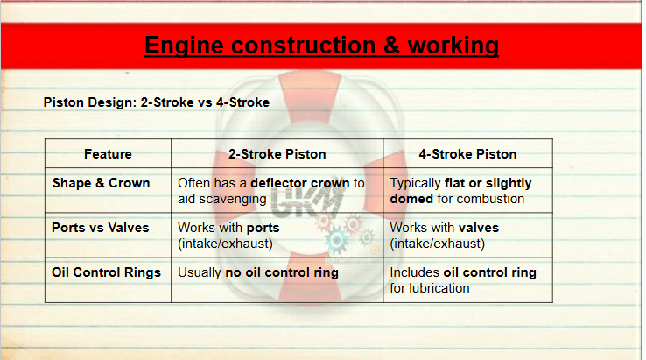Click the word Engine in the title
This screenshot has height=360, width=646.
pos(184,46)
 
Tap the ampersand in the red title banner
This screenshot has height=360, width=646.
pos(391,46)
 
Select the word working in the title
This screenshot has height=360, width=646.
pos(453,46)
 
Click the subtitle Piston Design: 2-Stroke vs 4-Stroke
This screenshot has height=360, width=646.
pos(157,102)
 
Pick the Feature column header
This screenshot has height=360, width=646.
pos(108,154)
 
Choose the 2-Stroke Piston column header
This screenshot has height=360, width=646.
pos(277,154)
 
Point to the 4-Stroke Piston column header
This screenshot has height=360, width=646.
pos(467,154)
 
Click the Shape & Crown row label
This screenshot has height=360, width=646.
pos(101,183)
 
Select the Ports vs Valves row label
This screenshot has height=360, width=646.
pos(100,228)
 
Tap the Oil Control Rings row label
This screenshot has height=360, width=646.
pos(106,272)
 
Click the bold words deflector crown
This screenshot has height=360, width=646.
pos(300,183)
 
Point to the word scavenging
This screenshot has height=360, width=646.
pos(233,199)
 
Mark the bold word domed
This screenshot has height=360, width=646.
pos(411,199)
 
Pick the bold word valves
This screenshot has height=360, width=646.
pos(479,228)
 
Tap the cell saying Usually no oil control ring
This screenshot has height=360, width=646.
pos(258,272)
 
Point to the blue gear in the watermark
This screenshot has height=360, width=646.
pos(337,240)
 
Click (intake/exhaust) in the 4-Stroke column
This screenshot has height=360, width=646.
pos(438,244)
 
